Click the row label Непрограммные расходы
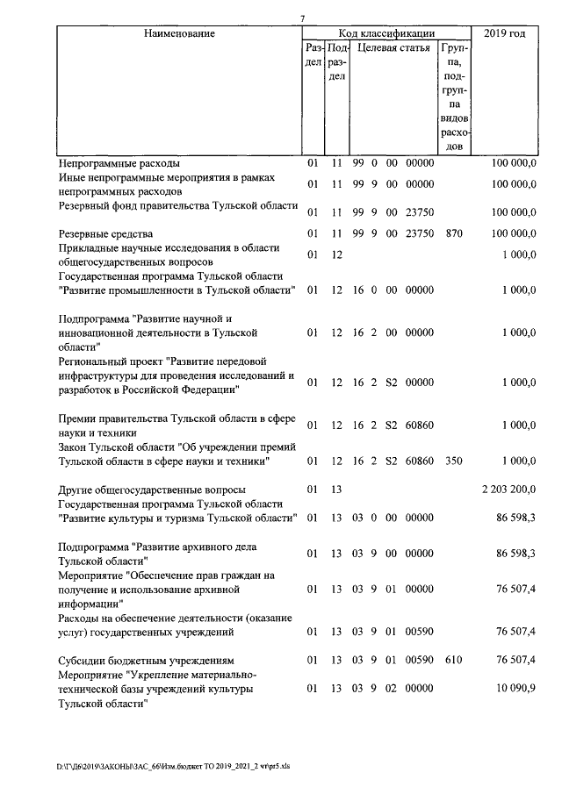tap(119, 163)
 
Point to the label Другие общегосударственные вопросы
tap(151, 489)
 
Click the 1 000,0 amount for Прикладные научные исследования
tap(519, 255)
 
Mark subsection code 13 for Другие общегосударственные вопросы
tap(335, 489)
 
